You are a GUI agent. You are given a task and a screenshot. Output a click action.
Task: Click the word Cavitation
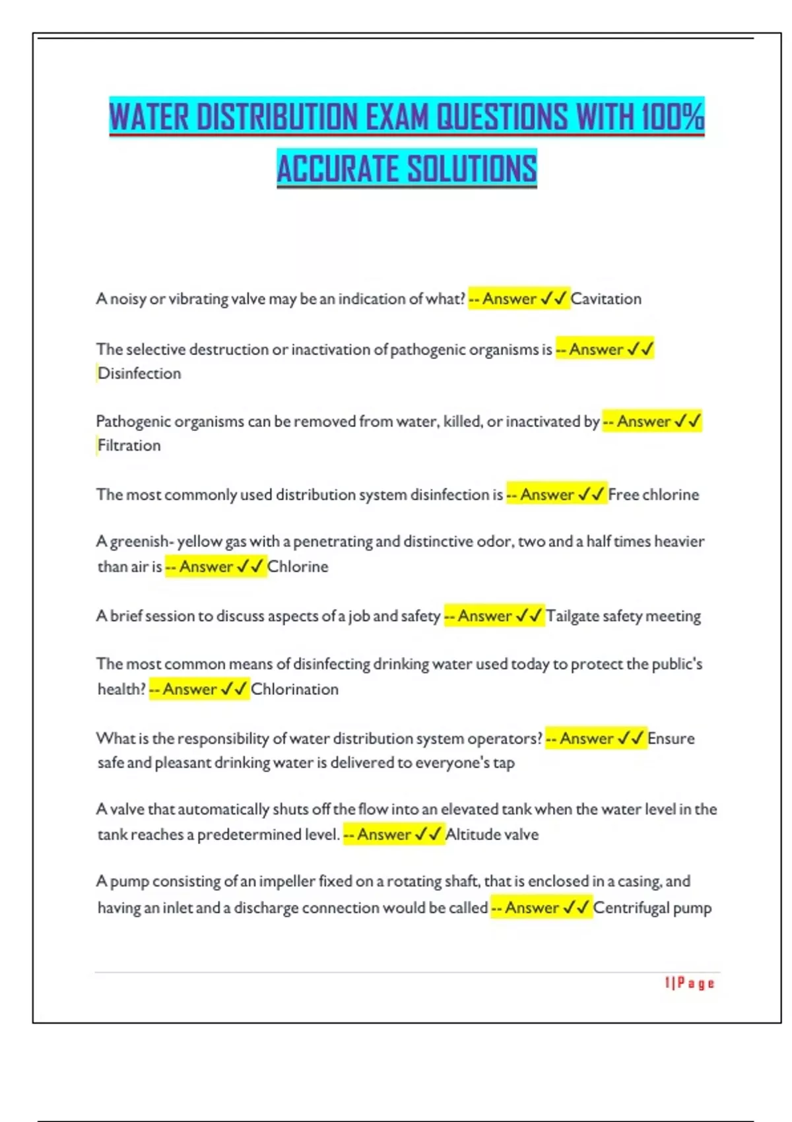606,299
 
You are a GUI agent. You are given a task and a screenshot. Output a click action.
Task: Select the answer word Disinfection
139,374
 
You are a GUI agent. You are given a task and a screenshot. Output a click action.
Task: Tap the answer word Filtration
129,445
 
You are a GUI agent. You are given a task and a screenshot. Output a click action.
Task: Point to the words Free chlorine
653,494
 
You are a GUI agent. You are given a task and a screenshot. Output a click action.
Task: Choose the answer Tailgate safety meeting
623,616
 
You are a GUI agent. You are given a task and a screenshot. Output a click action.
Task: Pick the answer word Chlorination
294,689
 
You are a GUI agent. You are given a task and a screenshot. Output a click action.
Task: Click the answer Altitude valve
492,834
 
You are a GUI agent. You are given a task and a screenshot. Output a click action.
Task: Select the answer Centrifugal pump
652,907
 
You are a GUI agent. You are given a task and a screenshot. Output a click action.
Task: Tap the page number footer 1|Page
690,983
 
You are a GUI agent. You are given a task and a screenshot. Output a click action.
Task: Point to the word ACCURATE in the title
337,169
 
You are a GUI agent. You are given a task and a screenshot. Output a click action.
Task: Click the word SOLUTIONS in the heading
472,169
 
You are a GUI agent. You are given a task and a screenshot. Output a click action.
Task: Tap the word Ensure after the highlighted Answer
671,739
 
